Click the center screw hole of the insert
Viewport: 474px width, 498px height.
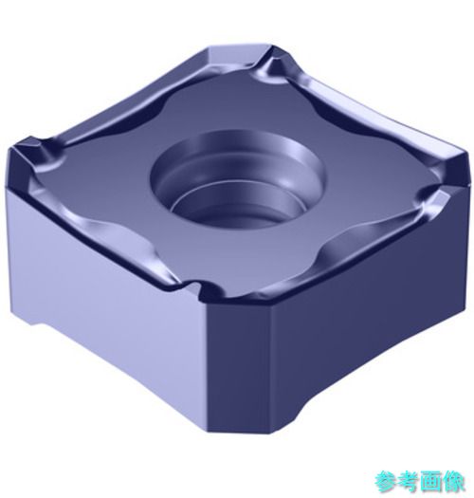pyautogui.click(x=238, y=180)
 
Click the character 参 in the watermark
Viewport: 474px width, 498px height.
pyautogui.click(x=387, y=482)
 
